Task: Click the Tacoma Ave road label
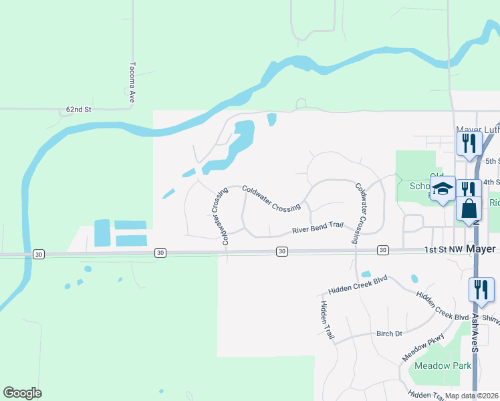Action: coord(132,82)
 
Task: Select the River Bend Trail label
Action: coord(318,228)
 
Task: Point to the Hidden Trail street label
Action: coord(327,320)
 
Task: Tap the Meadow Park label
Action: coord(443,366)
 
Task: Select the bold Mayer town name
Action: coord(481,249)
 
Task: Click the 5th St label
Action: coord(493,161)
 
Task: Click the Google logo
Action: coord(22,393)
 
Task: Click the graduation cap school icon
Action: coord(442,190)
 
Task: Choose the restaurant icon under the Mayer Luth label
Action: coord(469,143)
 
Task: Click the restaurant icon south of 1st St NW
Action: coord(481,290)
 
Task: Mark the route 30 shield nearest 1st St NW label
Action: coord(382,250)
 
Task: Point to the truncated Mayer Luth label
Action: coord(477,129)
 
